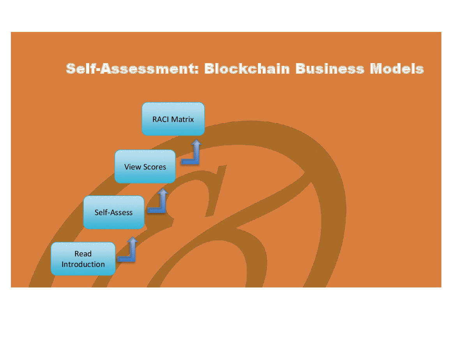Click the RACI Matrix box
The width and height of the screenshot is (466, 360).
click(173, 119)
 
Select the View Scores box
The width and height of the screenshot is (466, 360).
click(145, 166)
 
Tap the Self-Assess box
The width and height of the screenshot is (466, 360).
click(114, 212)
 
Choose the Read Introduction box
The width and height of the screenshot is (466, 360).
click(83, 259)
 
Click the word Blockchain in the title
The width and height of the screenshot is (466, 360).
click(247, 69)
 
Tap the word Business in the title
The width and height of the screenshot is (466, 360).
click(330, 69)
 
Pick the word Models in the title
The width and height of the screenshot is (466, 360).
click(397, 69)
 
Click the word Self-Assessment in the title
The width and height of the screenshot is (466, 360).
click(132, 69)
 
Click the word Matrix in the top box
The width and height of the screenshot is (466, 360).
click(182, 119)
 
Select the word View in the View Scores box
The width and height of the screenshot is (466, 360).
click(133, 167)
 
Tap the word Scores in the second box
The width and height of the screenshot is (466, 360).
click(155, 167)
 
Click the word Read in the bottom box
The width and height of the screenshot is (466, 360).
click(83, 254)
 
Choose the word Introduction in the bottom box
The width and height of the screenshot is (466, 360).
click(83, 264)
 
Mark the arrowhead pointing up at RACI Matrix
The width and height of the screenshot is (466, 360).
click(196, 142)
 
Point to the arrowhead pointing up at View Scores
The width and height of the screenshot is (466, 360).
click(163, 191)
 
